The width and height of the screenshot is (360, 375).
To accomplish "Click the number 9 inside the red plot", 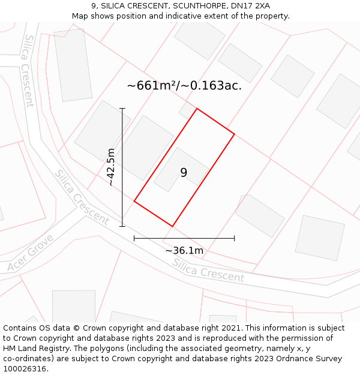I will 184,173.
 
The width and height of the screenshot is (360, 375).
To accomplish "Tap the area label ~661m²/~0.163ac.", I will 184,86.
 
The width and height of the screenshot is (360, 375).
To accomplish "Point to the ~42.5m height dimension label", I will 110,167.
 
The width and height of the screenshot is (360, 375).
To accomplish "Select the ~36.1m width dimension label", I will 184,250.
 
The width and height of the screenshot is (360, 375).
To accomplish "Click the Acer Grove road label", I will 31,253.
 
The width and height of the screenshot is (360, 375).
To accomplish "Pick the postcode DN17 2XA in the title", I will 247,6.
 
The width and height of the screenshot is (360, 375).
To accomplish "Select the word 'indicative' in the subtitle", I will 184,16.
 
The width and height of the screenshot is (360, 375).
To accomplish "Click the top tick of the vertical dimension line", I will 122,109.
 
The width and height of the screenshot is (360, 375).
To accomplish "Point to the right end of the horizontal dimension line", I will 234,238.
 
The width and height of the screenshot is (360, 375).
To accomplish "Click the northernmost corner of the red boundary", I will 196,109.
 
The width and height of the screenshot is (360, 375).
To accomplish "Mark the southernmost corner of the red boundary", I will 173,226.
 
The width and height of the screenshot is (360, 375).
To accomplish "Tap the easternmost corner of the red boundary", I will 234,134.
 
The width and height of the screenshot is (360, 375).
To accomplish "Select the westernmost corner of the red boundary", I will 134,201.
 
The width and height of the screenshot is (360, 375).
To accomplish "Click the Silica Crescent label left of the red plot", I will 82,197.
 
